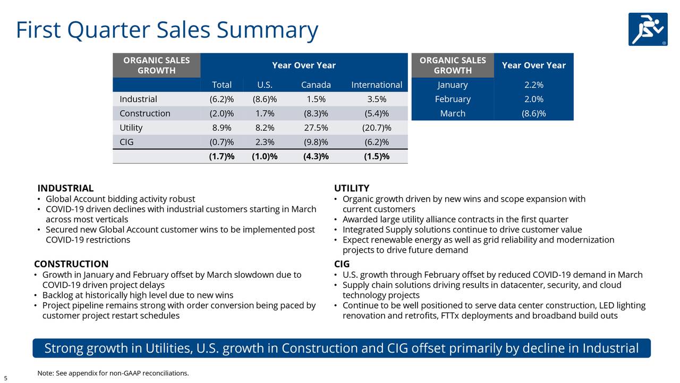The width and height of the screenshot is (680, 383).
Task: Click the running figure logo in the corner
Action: pyautogui.click(x=648, y=29)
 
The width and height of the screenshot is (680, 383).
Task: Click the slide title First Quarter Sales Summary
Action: pyautogui.click(x=167, y=30)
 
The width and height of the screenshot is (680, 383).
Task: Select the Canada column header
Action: pyautogui.click(x=316, y=85)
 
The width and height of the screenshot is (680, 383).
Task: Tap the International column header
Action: pyautogui.click(x=376, y=85)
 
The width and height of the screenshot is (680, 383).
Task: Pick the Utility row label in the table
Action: pyautogui.click(x=131, y=128)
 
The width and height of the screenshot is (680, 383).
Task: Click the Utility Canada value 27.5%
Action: pyautogui.click(x=316, y=128)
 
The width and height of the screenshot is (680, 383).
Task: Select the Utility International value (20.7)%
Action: pyautogui.click(x=376, y=128)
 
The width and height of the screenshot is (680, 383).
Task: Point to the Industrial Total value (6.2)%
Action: pyautogui.click(x=222, y=99)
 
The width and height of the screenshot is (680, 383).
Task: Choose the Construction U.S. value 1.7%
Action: pyautogui.click(x=265, y=113)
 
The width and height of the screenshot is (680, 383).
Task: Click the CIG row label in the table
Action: pyautogui.click(x=126, y=142)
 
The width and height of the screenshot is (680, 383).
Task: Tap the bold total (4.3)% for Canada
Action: pyautogui.click(x=316, y=156)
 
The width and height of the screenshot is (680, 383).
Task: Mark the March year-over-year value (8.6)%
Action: pyautogui.click(x=533, y=113)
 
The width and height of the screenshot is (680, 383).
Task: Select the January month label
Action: pyautogui.click(x=453, y=85)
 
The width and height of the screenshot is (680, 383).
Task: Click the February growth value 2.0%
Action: pyautogui.click(x=533, y=99)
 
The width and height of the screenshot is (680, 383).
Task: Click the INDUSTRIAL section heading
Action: pyautogui.click(x=65, y=188)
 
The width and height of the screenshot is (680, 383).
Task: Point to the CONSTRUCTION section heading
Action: pyautogui.click(x=71, y=264)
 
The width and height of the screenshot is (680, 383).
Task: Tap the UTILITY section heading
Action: pyautogui.click(x=352, y=188)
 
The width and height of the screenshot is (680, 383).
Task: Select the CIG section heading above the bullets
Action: pyautogui.click(x=342, y=264)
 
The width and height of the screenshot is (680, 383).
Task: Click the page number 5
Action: pyautogui.click(x=5, y=378)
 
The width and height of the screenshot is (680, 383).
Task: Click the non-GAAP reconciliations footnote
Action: pyautogui.click(x=113, y=373)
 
